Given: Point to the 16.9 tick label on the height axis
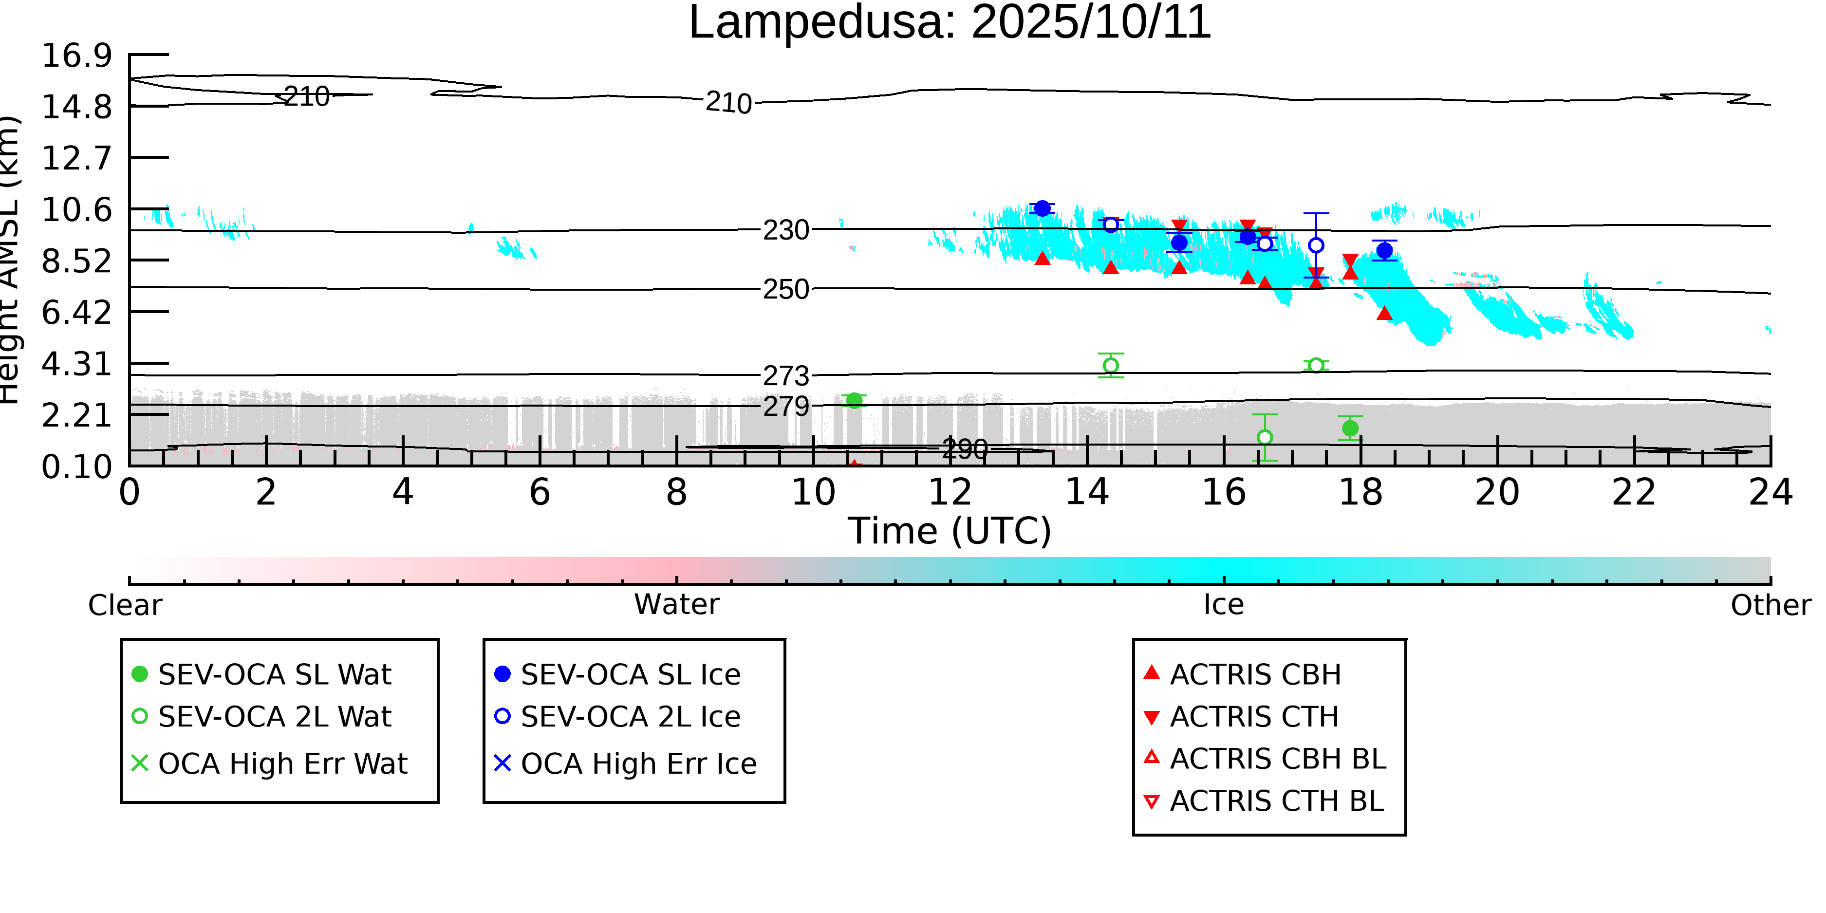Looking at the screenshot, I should click(x=76, y=56).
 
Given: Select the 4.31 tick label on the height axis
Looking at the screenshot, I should click(x=76, y=364).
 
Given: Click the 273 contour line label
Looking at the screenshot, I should click(x=785, y=376).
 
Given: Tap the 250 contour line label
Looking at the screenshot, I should click(x=785, y=290).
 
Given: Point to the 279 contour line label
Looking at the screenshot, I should click(x=785, y=407).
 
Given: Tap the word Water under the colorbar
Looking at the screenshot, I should click(x=676, y=605).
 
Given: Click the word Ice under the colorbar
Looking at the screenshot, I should click(x=1224, y=605).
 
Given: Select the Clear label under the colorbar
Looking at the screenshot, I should click(x=125, y=605).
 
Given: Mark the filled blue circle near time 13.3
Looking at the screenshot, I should click(x=1042, y=208).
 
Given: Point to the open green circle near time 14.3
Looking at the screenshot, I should click(x=1111, y=366).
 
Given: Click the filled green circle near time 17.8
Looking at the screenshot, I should click(x=1350, y=428).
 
